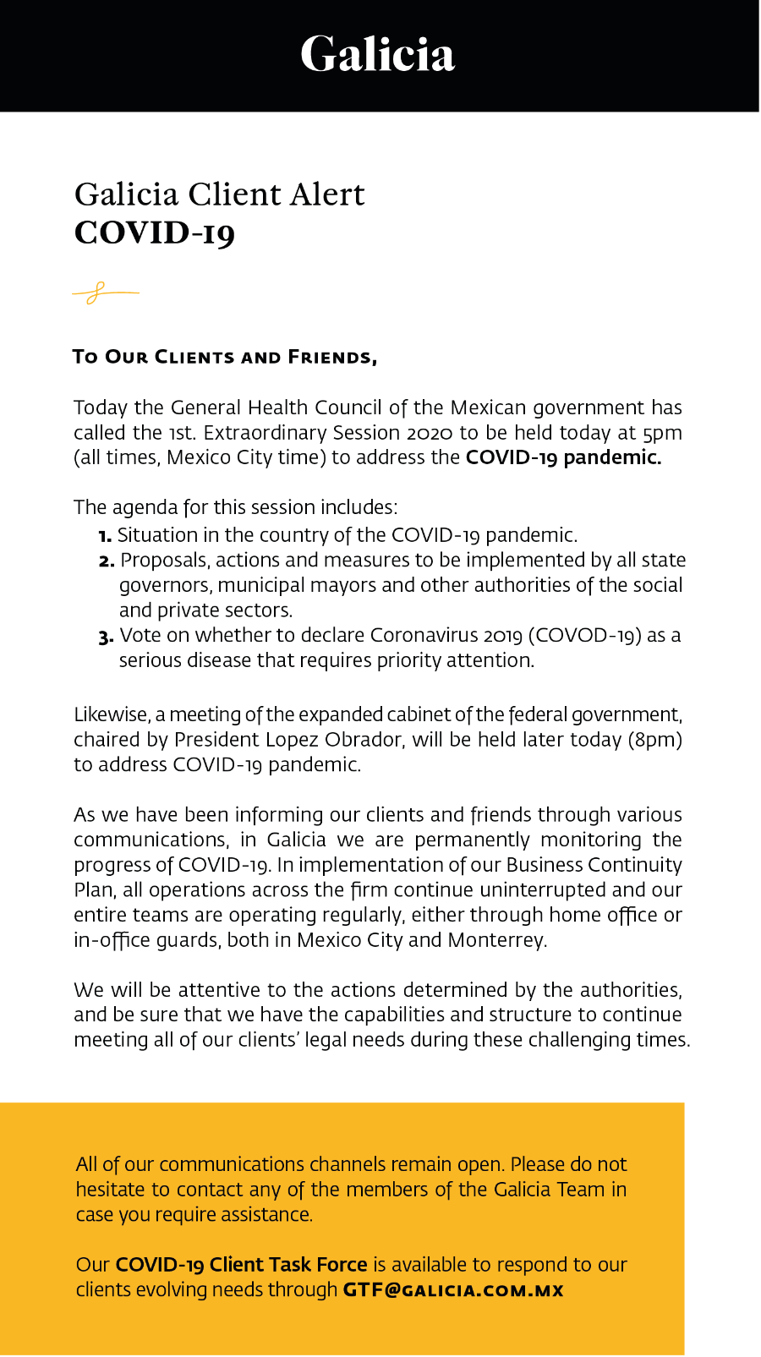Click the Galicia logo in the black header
coord(378,54)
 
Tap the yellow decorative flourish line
coord(106,293)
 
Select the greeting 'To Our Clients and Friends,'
coord(225,357)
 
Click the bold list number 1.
coord(105,536)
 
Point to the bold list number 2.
coord(107,561)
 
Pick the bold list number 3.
coord(106,637)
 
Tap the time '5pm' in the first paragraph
coord(662,433)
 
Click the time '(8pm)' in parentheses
coord(654,740)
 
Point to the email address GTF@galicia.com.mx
coord(453,1290)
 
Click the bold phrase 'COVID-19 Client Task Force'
coord(241,1265)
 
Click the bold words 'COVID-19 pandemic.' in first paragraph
coord(563,457)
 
